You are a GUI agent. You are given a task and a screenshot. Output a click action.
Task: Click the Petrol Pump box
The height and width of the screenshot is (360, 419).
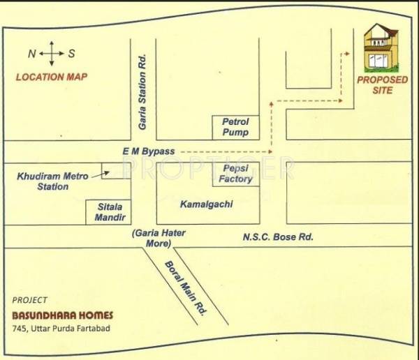tap(235, 127)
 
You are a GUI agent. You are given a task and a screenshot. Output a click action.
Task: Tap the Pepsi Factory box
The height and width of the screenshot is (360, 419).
tap(235, 174)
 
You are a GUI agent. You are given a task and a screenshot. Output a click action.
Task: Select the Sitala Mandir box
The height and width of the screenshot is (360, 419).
tap(108, 212)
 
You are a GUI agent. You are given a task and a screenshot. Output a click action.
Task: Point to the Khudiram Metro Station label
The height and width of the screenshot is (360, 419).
tap(53, 181)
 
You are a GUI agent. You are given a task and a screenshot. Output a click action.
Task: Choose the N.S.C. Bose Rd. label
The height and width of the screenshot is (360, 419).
tap(278, 237)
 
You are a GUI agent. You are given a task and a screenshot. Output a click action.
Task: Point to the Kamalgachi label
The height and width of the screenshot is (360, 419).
tap(206, 204)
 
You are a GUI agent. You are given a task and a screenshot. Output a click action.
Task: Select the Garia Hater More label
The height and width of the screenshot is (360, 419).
tap(158, 238)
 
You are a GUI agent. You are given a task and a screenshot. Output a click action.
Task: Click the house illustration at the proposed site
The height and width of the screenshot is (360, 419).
tap(381, 47)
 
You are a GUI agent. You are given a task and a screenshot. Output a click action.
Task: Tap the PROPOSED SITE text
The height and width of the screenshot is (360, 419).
tap(382, 85)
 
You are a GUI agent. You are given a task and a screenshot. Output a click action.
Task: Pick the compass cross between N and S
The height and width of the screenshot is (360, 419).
tap(52, 54)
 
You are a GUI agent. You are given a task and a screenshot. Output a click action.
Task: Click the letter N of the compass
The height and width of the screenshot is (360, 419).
tap(31, 54)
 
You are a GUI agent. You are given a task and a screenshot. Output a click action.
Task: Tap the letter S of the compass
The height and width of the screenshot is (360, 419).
tap(72, 54)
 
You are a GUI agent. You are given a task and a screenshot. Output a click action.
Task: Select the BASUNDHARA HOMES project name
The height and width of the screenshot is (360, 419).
tap(62, 315)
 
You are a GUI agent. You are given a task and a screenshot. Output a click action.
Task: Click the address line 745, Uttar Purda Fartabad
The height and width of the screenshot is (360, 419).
tap(62, 329)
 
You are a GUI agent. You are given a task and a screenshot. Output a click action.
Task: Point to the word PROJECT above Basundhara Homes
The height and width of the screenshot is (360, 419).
tap(30, 301)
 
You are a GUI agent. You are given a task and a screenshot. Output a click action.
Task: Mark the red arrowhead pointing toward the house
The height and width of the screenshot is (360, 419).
tap(347, 52)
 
